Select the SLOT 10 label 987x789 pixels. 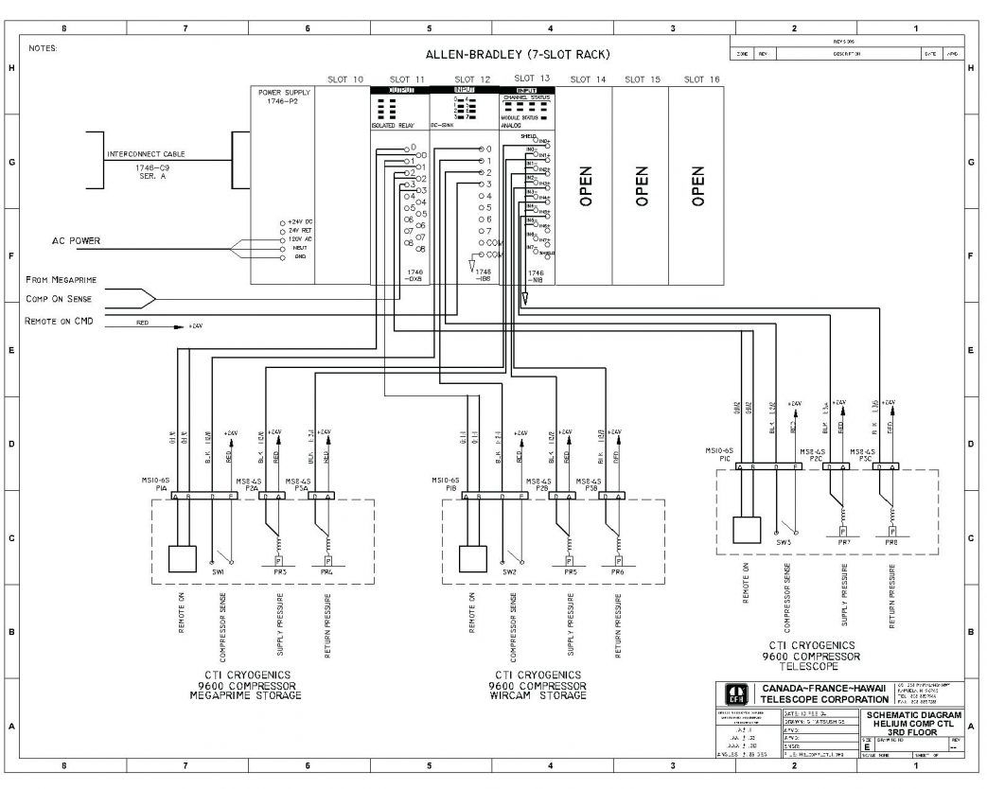click(x=344, y=79)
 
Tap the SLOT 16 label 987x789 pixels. click(x=700, y=79)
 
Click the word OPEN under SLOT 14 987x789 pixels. click(x=585, y=186)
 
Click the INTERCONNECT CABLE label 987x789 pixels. click(x=147, y=153)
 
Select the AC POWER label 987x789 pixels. click(x=76, y=241)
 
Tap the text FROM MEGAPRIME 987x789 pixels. click(x=62, y=280)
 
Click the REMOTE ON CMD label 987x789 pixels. click(x=59, y=321)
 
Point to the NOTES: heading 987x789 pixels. click(x=44, y=46)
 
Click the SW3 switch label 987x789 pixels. click(x=784, y=542)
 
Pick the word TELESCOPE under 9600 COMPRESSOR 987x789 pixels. click(x=811, y=665)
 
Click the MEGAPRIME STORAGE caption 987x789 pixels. click(x=245, y=695)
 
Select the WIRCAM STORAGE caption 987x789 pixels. click(x=537, y=695)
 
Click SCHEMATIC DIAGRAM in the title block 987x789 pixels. click(x=913, y=715)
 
